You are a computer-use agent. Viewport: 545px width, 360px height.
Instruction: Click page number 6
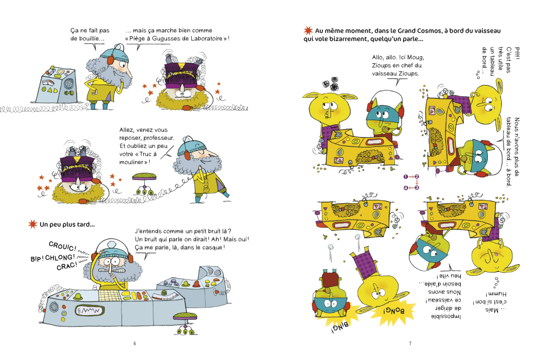[134, 343]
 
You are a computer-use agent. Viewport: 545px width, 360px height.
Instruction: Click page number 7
[410, 343]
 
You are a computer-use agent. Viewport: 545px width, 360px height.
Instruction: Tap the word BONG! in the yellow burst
[393, 311]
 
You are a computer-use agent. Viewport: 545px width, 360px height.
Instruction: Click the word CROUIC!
[63, 246]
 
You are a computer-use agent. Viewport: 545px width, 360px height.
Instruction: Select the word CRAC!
[67, 266]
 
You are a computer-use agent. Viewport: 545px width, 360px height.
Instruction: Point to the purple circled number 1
[405, 177]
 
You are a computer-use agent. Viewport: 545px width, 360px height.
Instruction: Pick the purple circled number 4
[405, 188]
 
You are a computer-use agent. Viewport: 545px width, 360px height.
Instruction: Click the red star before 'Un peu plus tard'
[32, 224]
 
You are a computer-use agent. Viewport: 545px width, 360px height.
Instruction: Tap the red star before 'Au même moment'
[308, 31]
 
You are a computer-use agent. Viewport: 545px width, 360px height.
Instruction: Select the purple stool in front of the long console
[185, 323]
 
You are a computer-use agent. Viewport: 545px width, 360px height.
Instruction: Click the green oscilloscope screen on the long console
[90, 310]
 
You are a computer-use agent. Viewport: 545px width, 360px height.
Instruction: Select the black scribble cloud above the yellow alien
[331, 84]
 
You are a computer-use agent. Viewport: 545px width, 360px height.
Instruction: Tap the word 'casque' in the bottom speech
[212, 248]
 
